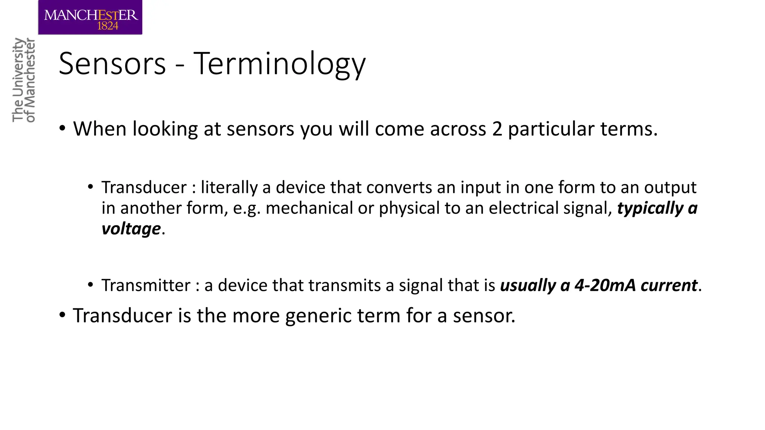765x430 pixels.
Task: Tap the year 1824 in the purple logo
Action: (108, 26)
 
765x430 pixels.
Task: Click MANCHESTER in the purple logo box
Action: (91, 15)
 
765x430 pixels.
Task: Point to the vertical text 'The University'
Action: (18, 80)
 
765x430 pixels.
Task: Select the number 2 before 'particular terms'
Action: (497, 129)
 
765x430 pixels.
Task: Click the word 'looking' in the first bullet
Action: (165, 130)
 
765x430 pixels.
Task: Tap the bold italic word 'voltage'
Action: (131, 228)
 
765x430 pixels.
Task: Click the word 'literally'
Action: (229, 187)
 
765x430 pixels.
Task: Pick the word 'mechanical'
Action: (309, 208)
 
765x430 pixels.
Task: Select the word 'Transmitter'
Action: (146, 286)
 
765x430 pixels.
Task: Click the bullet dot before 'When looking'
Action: (62, 129)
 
